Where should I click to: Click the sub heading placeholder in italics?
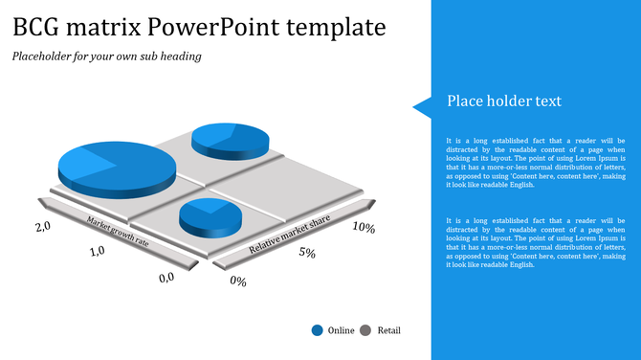(x=107, y=56)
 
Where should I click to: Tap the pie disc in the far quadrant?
(x=231, y=140)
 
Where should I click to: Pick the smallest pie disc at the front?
(x=210, y=217)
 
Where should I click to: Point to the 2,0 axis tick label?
(x=42, y=227)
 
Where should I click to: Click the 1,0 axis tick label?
(x=97, y=252)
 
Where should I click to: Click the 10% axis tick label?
(x=363, y=229)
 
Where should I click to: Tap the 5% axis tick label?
(x=307, y=253)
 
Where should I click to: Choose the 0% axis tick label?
(x=238, y=281)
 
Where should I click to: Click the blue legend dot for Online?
(x=317, y=330)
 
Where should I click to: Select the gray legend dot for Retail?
(x=365, y=330)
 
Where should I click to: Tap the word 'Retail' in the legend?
(x=388, y=330)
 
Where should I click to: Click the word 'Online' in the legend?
(x=341, y=330)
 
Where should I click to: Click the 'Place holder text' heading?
(x=504, y=101)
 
